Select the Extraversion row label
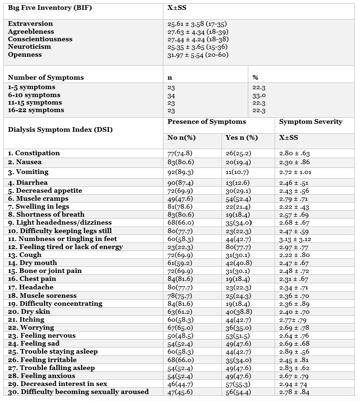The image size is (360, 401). (x=31, y=24)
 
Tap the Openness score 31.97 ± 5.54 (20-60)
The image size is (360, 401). (x=202, y=55)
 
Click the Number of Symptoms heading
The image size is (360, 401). (x=46, y=77)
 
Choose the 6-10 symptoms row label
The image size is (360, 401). (x=34, y=95)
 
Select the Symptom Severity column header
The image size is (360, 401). (x=311, y=122)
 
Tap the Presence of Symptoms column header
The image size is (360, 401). (x=207, y=122)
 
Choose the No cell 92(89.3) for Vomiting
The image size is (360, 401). (x=181, y=173)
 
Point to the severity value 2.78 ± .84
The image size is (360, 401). (x=294, y=392)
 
